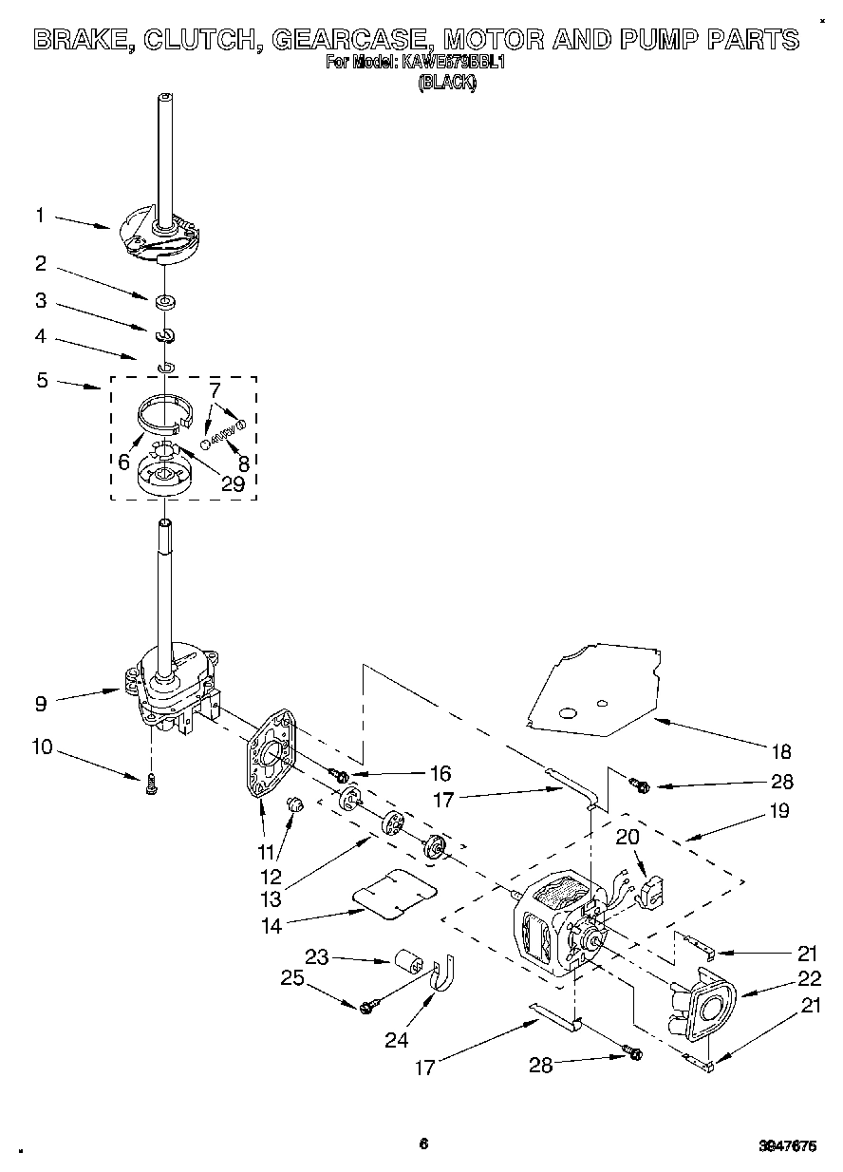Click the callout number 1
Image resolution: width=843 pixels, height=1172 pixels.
click(40, 216)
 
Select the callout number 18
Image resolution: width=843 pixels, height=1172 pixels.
click(780, 752)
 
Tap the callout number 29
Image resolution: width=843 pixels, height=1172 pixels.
click(232, 483)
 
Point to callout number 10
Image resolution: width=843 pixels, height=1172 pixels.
click(42, 747)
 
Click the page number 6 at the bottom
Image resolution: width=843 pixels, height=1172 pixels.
click(423, 1144)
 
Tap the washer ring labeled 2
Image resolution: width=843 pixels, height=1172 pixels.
click(166, 303)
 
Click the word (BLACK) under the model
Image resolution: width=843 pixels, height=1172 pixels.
click(447, 83)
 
